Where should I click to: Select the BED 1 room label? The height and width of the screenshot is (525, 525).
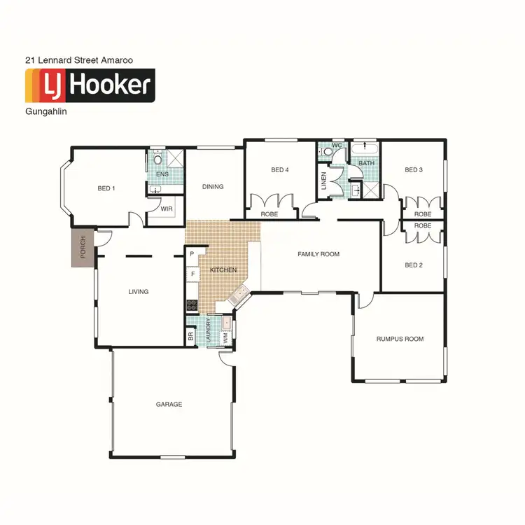[x=106, y=188]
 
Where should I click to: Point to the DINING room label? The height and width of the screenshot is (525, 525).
[x=213, y=187]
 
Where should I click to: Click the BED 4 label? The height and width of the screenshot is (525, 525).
[x=280, y=170]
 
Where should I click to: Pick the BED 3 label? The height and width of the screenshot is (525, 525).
[x=414, y=170]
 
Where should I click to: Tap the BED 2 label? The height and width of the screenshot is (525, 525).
[x=414, y=265]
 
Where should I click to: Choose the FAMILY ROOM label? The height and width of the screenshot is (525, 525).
[x=318, y=254]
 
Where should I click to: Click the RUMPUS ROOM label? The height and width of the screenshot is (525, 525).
[x=400, y=339]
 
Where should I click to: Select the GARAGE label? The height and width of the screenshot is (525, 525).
[x=169, y=405]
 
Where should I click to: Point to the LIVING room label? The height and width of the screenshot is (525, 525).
[x=139, y=292]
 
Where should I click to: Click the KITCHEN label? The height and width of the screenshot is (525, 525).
[x=223, y=270]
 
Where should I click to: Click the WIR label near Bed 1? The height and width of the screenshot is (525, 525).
[x=167, y=209]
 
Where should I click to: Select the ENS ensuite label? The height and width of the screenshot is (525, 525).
[x=162, y=174]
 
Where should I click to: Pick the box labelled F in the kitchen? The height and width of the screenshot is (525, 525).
[x=192, y=274]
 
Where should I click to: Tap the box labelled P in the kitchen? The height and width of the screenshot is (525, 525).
[x=192, y=254]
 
